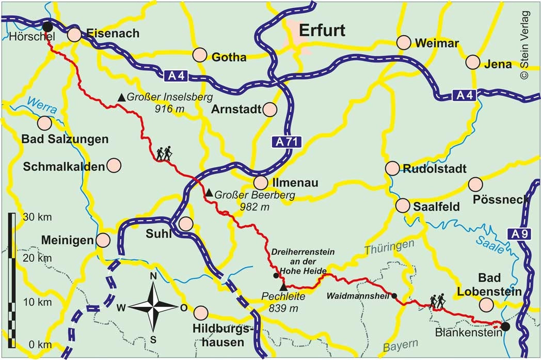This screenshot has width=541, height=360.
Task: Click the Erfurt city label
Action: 322,30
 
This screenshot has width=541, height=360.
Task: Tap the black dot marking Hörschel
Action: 47,27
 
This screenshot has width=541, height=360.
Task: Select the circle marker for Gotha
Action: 200,55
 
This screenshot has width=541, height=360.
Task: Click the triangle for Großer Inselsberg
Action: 121,97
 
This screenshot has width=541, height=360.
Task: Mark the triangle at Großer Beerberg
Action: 209,193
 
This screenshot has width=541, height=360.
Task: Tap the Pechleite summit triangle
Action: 283,287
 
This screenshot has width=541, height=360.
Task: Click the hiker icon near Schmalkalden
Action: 165,153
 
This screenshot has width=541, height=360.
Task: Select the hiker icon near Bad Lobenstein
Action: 437,302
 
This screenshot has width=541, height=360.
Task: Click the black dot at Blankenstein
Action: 505,326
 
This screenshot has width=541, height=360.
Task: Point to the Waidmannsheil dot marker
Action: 394,296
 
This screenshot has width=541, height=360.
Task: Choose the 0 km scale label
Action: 30,345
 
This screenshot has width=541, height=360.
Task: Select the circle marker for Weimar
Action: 403,42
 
